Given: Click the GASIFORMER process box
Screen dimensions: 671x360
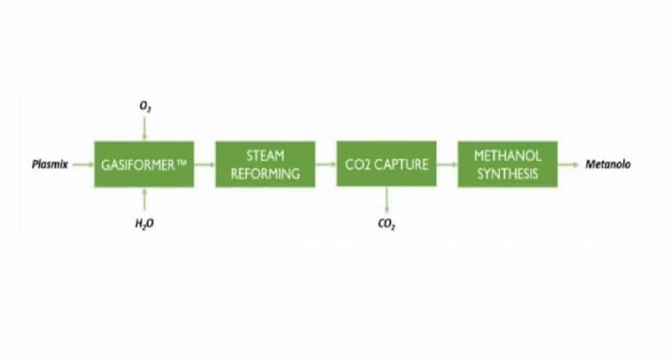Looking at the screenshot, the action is [144, 165].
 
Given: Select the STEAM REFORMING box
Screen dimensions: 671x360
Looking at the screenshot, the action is [265, 165].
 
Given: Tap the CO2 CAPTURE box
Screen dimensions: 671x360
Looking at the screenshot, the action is [386, 164].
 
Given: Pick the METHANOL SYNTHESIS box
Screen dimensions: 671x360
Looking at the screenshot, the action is [508, 165].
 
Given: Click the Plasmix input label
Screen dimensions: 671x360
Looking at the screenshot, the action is [50, 165].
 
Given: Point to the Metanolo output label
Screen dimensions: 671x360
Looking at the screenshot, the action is [608, 165].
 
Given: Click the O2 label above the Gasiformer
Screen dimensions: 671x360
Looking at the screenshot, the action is [145, 106].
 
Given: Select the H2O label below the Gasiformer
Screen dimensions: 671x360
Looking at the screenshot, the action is [144, 224].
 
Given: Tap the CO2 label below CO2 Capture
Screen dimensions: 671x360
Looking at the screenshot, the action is [387, 224].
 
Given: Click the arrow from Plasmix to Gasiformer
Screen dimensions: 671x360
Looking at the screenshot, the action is [83, 165].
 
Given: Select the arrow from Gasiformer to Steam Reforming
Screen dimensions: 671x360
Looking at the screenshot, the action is [205, 165].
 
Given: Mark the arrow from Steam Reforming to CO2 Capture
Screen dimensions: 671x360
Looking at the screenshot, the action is [326, 165].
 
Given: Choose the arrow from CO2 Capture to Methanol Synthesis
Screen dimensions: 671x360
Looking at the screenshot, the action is [447, 165].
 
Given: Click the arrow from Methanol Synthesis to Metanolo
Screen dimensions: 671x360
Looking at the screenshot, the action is [569, 165].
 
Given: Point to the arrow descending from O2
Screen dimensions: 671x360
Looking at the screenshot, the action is [144, 128].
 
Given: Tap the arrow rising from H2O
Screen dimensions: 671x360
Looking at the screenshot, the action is [144, 200].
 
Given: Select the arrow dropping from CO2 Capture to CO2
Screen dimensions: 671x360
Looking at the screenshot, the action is [387, 200].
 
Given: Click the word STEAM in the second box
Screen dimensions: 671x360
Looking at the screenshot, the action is [265, 156].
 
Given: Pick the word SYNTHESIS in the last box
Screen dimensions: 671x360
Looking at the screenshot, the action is [508, 174].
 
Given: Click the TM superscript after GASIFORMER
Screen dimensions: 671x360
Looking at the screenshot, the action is [182, 162].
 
